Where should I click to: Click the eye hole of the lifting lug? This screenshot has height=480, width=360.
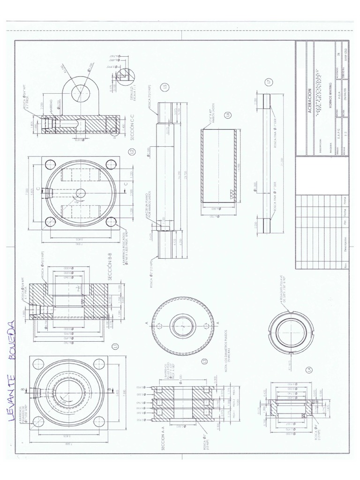(x=80, y=88)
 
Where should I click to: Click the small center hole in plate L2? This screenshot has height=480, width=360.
(x=81, y=193)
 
